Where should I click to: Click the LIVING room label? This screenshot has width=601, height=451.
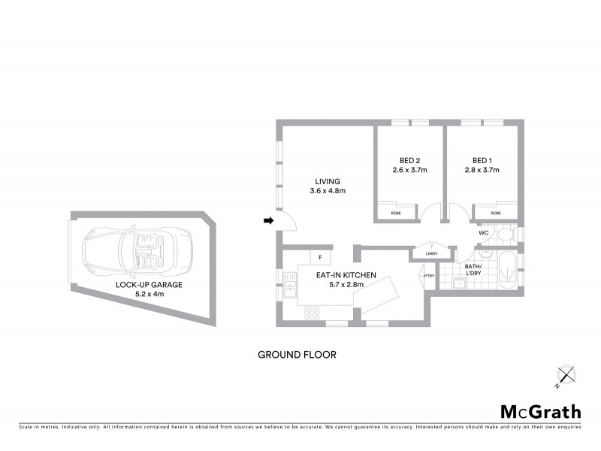tap(328, 181)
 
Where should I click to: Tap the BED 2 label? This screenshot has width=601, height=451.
tap(409, 160)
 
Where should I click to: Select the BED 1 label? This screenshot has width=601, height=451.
tap(482, 160)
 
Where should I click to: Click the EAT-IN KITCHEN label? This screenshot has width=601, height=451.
tap(346, 275)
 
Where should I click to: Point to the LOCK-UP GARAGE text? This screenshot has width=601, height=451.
tap(149, 285)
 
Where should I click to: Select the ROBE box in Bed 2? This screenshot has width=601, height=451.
tap(395, 213)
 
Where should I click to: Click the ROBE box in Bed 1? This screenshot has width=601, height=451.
tap(496, 213)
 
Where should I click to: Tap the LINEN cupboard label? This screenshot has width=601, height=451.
tap(430, 253)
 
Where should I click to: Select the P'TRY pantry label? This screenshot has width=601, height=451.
tap(429, 276)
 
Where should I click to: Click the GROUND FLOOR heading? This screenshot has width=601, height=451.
tap(296, 354)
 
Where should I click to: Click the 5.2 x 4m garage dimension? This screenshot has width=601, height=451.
tap(149, 294)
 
